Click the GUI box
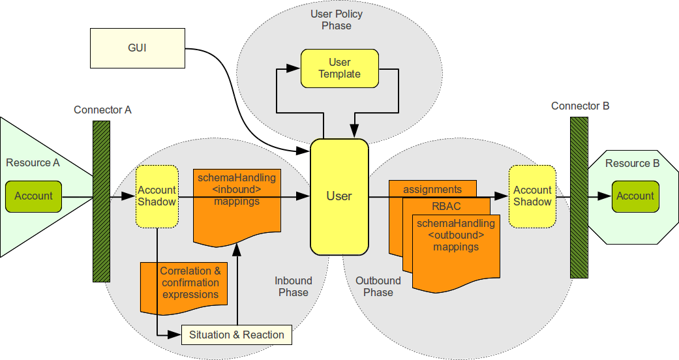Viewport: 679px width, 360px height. click(x=137, y=49)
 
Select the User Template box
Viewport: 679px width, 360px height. click(x=339, y=68)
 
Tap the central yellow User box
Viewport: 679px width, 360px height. click(x=339, y=196)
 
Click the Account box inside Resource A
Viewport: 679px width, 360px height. click(x=33, y=196)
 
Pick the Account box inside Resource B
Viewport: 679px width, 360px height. click(x=635, y=196)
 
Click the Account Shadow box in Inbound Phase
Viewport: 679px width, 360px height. click(x=157, y=196)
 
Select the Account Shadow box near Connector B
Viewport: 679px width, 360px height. click(x=532, y=196)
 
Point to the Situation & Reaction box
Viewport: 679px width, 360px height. click(x=236, y=335)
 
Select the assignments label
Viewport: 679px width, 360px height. click(x=432, y=189)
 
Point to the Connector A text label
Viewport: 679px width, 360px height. click(x=102, y=110)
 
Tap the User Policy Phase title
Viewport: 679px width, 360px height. click(x=337, y=20)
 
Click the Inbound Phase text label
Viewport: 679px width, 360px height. click(x=294, y=286)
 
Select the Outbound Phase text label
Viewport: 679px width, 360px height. click(x=378, y=286)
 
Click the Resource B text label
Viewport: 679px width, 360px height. click(x=632, y=163)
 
